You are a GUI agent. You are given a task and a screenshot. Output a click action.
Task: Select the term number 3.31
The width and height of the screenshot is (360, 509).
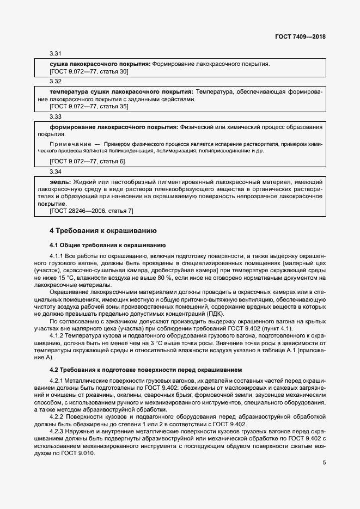point(55,54)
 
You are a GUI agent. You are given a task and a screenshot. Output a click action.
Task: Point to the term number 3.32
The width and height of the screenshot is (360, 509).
point(55,81)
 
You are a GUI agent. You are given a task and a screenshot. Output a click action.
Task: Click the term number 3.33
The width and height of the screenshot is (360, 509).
point(55,116)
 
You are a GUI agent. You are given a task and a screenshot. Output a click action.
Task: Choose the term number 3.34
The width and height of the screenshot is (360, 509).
point(55,171)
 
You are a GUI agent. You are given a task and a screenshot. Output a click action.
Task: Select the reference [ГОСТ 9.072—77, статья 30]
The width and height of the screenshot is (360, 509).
point(89,71)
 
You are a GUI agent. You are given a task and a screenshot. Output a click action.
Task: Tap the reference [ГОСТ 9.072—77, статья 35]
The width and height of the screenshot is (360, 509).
point(89,107)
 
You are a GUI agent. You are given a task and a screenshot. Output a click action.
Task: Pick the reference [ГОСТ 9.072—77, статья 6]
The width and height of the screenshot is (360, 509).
point(87,162)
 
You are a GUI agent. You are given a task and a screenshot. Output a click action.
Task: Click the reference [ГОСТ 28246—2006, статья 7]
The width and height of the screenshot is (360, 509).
point(91,211)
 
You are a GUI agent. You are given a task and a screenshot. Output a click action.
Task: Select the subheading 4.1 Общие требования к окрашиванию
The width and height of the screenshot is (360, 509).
point(103,244)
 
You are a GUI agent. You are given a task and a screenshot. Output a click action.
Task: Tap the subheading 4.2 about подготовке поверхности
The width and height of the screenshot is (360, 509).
point(146,370)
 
